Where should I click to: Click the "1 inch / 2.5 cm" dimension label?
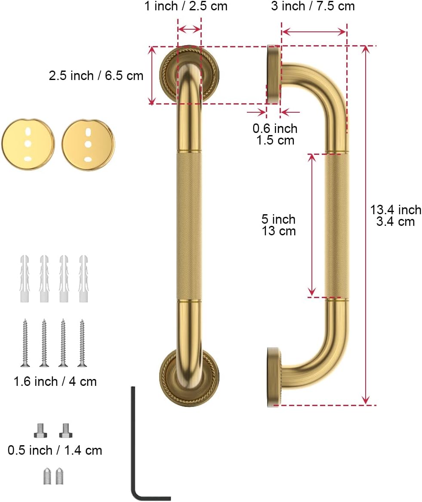point(185,6)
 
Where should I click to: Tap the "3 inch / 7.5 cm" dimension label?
point(313,6)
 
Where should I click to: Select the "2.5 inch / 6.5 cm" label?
point(96,76)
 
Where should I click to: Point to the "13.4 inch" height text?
point(396,210)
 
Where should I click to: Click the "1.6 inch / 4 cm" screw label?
point(55,381)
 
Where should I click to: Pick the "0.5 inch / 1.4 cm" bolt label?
point(55,450)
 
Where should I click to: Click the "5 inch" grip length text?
point(278,219)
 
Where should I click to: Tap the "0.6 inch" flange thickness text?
point(275,128)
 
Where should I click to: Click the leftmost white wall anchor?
point(24,278)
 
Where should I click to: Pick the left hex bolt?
point(40,430)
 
